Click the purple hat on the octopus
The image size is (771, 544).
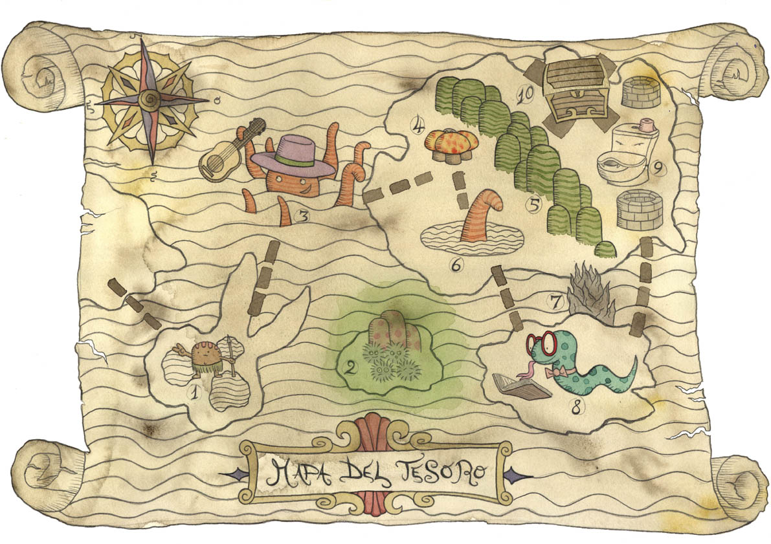pos(293,157)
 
